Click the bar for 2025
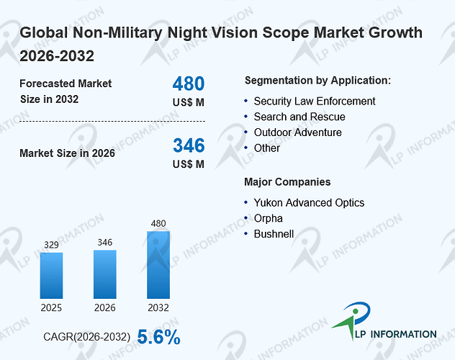click(x=51, y=276)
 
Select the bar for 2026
click(x=105, y=274)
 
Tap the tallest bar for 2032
click(x=158, y=265)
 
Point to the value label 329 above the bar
click(x=51, y=245)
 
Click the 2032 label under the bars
click(x=158, y=307)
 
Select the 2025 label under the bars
click(x=51, y=307)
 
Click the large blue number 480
click(x=189, y=84)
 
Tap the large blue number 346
click(x=189, y=145)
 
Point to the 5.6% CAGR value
click(x=158, y=337)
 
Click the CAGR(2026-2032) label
click(x=87, y=337)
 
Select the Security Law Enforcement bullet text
click(x=315, y=102)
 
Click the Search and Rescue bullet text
click(x=299, y=117)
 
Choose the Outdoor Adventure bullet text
click(x=298, y=132)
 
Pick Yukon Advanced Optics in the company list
click(x=309, y=203)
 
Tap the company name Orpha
click(x=268, y=218)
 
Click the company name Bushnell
click(x=274, y=234)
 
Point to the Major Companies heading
click(x=287, y=182)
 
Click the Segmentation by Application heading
click(x=317, y=81)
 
